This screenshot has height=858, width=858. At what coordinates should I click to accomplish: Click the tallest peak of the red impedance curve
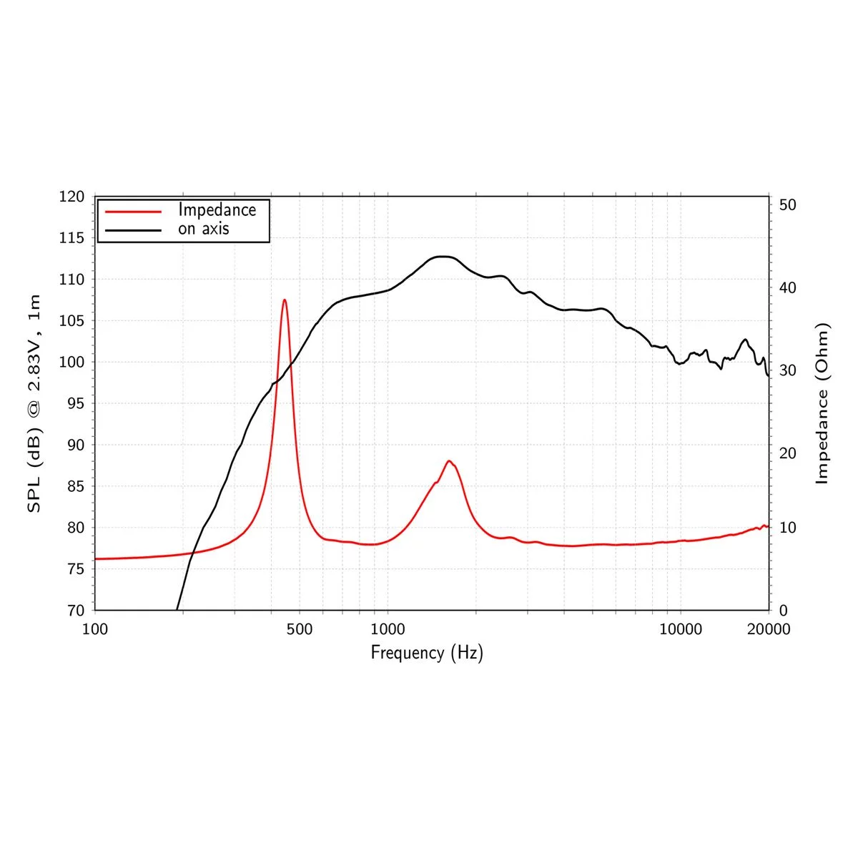[285, 300]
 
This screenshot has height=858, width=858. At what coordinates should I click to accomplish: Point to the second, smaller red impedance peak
[449, 461]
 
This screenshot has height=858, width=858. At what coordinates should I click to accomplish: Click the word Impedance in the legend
[217, 210]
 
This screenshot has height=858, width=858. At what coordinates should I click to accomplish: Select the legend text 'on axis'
[204, 229]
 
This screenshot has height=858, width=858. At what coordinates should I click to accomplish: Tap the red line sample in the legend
[133, 211]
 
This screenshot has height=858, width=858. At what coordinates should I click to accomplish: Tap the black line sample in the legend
[133, 230]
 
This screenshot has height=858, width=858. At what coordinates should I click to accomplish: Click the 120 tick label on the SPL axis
[71, 197]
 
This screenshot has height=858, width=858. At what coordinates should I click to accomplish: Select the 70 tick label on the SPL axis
[75, 611]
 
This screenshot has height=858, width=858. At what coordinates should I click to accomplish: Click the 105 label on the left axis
[71, 321]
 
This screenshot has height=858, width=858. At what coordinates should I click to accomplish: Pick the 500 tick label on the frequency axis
[299, 629]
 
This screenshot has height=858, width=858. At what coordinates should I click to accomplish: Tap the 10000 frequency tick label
[680, 629]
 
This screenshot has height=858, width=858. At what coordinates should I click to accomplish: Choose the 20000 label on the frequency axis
[769, 629]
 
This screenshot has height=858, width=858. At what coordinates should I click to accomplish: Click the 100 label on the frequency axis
[95, 629]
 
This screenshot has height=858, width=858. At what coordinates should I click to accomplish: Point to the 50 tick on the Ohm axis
[787, 205]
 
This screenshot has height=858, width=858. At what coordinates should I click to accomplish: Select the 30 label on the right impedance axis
[787, 370]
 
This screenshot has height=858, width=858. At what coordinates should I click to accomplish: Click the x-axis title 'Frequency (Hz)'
[427, 653]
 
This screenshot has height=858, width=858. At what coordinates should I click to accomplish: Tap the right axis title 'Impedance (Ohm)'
[822, 404]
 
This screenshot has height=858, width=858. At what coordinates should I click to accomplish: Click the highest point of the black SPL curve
[443, 257]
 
